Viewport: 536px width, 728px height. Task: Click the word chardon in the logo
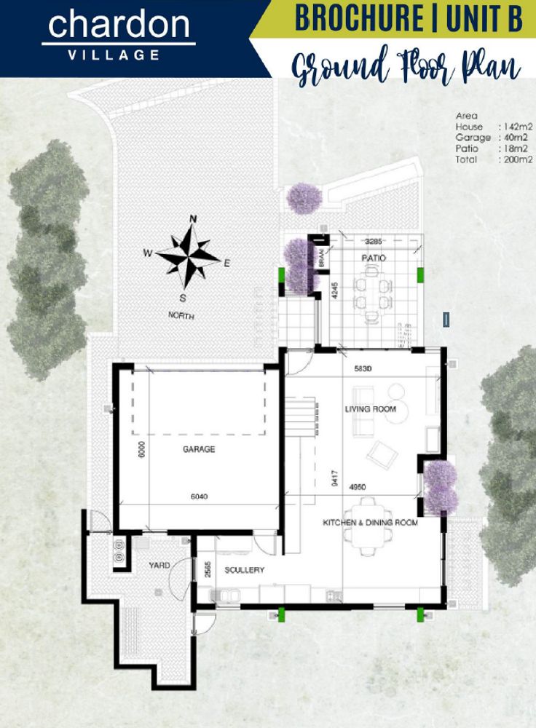tap(118, 25)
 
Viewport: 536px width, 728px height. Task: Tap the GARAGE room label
tap(199, 450)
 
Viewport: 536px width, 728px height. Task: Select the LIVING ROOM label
tap(371, 409)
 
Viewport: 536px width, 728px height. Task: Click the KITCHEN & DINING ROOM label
tap(371, 523)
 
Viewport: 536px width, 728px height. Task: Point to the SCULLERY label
tap(244, 570)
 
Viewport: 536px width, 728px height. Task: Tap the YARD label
tap(159, 565)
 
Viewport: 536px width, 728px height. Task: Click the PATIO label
tap(374, 258)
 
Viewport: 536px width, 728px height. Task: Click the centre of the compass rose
tap(187, 256)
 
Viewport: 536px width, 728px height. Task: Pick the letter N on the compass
tap(194, 218)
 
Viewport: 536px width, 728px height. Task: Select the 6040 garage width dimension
tap(199, 497)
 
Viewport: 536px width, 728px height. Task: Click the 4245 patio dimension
tap(334, 291)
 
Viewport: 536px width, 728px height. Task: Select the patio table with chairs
tap(371, 293)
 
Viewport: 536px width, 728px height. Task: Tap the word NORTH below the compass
tap(181, 316)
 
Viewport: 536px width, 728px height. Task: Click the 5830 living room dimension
tap(363, 369)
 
